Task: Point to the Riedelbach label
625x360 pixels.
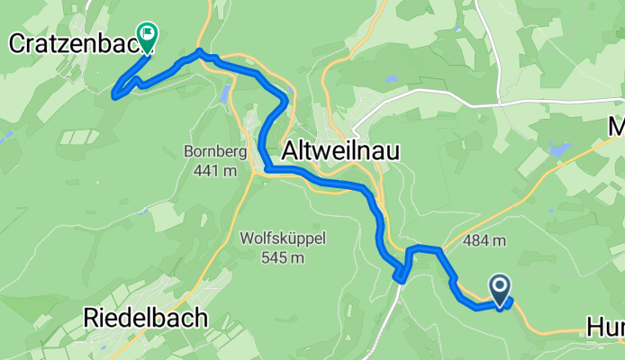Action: [x=145, y=317]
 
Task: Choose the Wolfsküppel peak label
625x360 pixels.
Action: [x=282, y=238]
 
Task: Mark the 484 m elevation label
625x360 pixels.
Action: [x=485, y=240]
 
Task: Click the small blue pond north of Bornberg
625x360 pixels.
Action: [x=222, y=94]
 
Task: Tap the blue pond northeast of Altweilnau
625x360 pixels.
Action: [x=559, y=148]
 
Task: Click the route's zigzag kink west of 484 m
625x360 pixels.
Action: [x=403, y=270]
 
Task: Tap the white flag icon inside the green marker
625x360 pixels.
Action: [x=144, y=33]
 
